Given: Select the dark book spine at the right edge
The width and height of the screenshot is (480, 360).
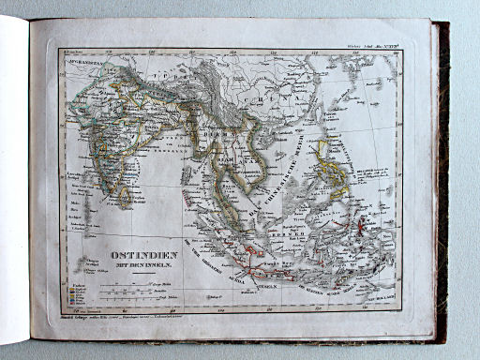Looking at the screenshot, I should click(442, 178).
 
